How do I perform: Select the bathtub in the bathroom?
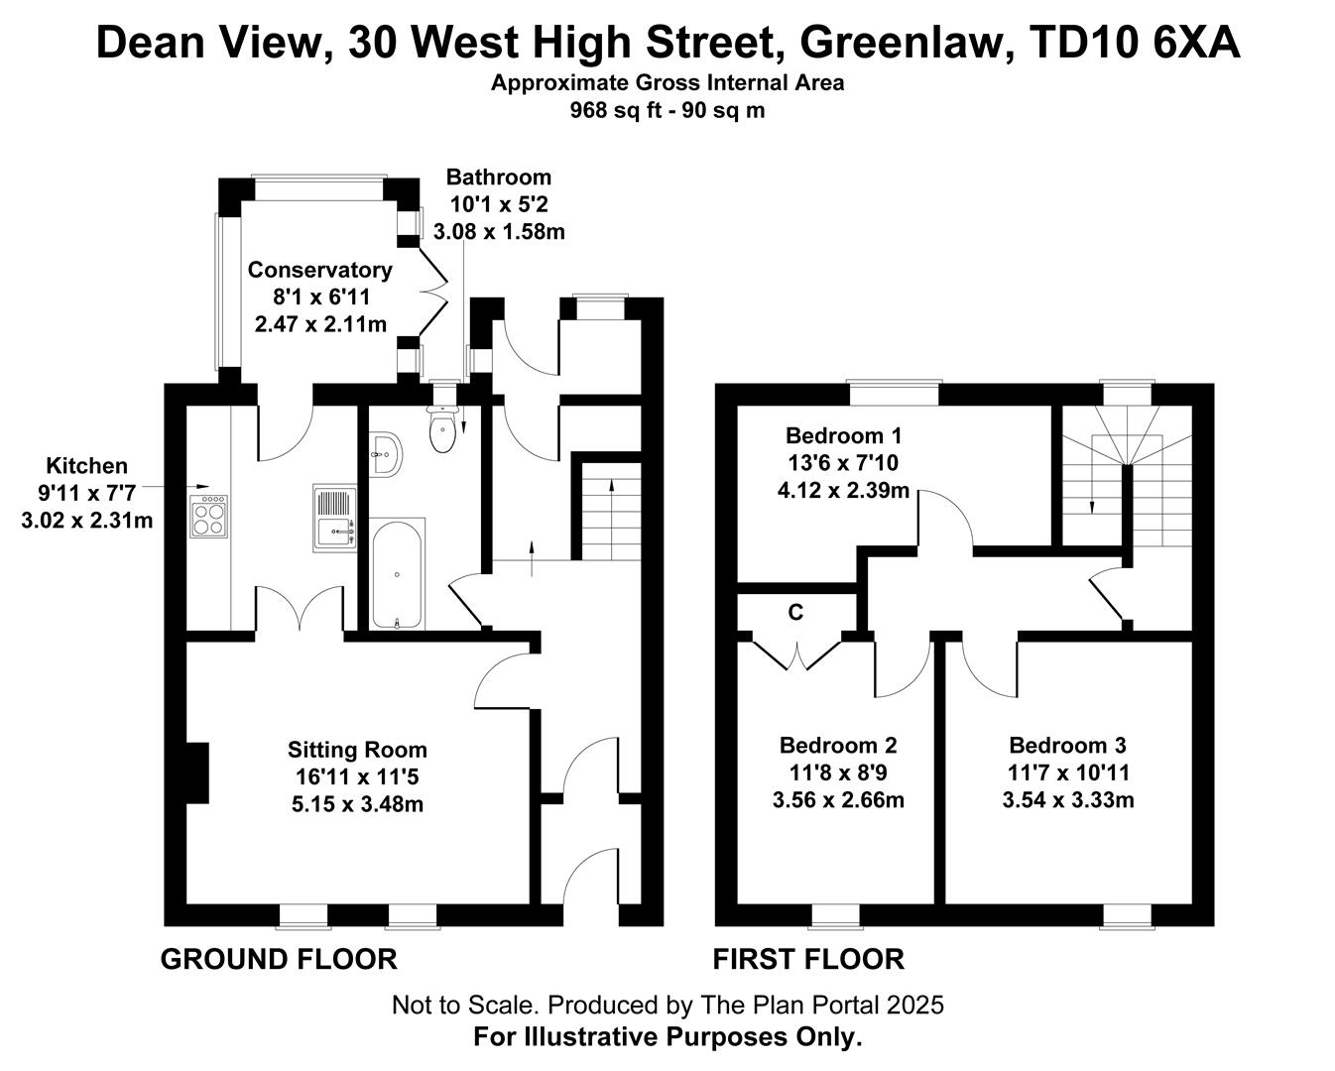tap(398, 573)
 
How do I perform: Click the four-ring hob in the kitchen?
tap(208, 516)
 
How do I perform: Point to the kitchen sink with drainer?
tap(335, 519)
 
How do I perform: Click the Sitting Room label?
tap(357, 750)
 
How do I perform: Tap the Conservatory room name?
tap(320, 270)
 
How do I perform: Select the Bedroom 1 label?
tap(843, 435)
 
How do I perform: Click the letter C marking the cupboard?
tap(795, 612)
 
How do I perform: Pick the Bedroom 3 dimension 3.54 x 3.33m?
tap(1068, 800)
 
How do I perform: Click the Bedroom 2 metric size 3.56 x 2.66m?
tap(838, 800)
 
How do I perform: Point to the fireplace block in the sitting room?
tap(197, 773)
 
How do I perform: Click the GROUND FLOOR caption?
tap(279, 959)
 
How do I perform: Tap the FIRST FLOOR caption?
tap(808, 959)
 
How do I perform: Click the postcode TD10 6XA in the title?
tap(1136, 44)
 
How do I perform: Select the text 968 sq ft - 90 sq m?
tap(667, 110)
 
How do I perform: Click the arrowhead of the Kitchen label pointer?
tap(204, 486)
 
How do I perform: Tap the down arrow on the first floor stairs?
tap(1092, 508)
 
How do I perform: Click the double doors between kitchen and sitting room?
tap(300, 608)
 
